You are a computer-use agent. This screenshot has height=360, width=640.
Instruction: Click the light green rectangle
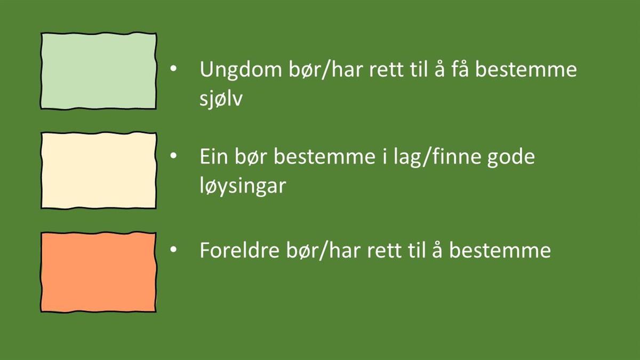pyautogui.click(x=99, y=70)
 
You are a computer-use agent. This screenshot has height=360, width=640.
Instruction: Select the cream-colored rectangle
pyautogui.click(x=99, y=170)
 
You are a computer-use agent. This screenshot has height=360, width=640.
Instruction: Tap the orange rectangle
pyautogui.click(x=99, y=272)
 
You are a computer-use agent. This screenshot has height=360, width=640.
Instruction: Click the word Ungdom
pyautogui.click(x=241, y=70)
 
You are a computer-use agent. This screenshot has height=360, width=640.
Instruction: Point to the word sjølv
pyautogui.click(x=221, y=99)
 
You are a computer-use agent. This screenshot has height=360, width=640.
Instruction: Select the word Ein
pyautogui.click(x=214, y=157)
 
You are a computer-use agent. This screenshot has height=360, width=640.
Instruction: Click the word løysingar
pyautogui.click(x=243, y=186)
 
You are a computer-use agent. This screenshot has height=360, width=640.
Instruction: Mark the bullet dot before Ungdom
pyautogui.click(x=173, y=69)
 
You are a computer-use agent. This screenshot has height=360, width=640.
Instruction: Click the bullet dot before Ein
pyautogui.click(x=173, y=156)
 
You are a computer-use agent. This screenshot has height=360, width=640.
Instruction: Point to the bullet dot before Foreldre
pyautogui.click(x=173, y=250)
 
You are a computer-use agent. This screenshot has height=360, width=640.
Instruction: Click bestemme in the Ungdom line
pyautogui.click(x=526, y=69)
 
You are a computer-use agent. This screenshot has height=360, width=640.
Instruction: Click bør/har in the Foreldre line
pyautogui.click(x=323, y=250)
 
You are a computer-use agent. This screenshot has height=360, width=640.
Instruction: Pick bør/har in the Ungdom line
pyautogui.click(x=326, y=70)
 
